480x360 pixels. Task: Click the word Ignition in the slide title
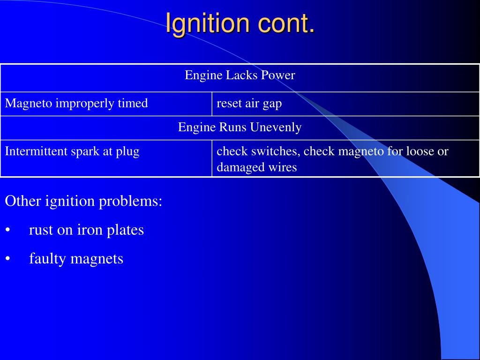pyautogui.click(x=206, y=23)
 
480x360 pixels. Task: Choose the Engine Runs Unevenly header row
pyautogui.click(x=240, y=127)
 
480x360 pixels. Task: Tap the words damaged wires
pyautogui.click(x=256, y=167)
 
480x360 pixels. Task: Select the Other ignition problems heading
pyautogui.click(x=83, y=201)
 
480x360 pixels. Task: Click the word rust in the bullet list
pyautogui.click(x=39, y=230)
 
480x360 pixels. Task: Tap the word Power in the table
pyautogui.click(x=280, y=75)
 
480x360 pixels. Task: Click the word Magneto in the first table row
pyautogui.click(x=29, y=103)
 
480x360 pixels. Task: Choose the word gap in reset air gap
pyautogui.click(x=272, y=104)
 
